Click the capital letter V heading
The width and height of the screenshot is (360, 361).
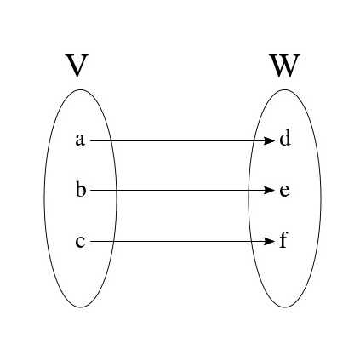click(x=77, y=66)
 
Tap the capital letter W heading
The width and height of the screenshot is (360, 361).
click(x=285, y=66)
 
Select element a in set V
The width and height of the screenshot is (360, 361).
click(x=80, y=140)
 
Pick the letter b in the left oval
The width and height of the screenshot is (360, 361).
click(x=81, y=188)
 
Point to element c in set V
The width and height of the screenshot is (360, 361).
click(x=80, y=242)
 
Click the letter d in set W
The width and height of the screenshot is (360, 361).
click(x=285, y=138)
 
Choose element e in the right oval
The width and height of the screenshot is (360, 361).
click(x=284, y=191)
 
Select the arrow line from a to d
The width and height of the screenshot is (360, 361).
click(x=182, y=140)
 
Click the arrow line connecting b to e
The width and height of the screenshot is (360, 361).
click(x=182, y=190)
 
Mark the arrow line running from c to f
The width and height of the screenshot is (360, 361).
click(x=182, y=242)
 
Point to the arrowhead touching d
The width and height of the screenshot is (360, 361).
click(x=270, y=140)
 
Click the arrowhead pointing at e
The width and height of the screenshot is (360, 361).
click(x=270, y=190)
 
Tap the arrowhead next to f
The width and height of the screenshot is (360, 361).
click(x=270, y=242)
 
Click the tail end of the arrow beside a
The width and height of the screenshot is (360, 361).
click(x=90, y=140)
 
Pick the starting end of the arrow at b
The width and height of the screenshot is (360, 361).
click(x=90, y=190)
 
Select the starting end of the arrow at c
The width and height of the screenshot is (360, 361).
click(x=90, y=242)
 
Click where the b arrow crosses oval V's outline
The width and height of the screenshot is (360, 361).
click(x=117, y=190)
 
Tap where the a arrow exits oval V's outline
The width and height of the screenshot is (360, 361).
click(x=112, y=140)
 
